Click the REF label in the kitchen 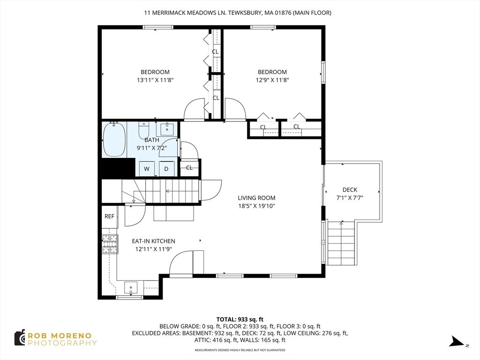109,217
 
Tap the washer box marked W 147,169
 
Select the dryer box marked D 166,169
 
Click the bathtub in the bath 114,139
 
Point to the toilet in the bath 143,130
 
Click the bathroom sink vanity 167,129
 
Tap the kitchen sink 131,288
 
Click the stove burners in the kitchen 110,244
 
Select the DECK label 350,190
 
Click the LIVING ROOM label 256,198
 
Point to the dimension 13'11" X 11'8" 155,80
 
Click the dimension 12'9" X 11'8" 272,80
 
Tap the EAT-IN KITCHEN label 153,241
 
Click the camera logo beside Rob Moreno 20,338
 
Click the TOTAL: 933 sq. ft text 240,320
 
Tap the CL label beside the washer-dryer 189,168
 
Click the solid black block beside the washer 119,167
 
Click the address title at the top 238,13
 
